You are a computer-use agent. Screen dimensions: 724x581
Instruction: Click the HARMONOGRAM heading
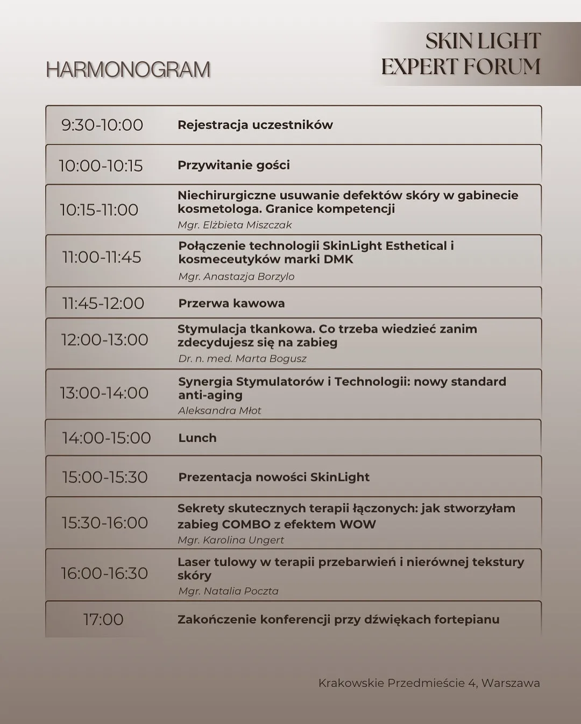click(x=128, y=70)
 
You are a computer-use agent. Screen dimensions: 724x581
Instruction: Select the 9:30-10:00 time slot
click(x=102, y=125)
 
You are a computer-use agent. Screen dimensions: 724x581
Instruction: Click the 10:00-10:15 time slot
click(x=101, y=166)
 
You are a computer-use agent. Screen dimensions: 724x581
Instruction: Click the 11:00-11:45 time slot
click(x=102, y=257)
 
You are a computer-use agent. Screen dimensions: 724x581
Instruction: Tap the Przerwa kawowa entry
click(x=231, y=303)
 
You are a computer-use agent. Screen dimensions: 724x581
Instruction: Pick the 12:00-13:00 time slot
click(x=104, y=340)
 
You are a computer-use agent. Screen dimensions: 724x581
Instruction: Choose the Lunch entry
click(x=197, y=438)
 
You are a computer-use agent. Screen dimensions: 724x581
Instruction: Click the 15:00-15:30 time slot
click(x=104, y=477)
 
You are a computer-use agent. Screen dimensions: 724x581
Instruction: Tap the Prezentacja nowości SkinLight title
click(x=274, y=477)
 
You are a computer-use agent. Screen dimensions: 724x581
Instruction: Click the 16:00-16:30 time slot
click(x=104, y=573)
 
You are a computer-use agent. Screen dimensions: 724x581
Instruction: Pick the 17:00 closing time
click(x=103, y=620)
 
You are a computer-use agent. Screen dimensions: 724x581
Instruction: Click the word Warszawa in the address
click(x=511, y=683)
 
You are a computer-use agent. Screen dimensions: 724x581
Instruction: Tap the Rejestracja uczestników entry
click(x=255, y=125)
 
